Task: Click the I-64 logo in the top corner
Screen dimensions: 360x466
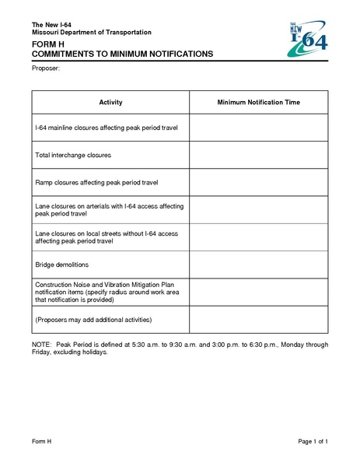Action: point(306,40)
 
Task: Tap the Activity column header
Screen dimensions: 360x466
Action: point(110,103)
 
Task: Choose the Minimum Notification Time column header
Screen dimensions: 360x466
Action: point(258,103)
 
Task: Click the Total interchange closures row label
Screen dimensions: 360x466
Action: point(73,155)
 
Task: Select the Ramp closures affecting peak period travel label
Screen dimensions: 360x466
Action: point(96,183)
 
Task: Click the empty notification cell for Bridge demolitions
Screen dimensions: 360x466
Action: point(258,265)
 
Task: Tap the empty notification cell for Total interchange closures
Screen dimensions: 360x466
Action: point(258,155)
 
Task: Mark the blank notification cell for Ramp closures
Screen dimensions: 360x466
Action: point(258,183)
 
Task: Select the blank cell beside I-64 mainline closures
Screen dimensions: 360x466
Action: point(258,127)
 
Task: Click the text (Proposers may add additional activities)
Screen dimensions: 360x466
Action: point(93,320)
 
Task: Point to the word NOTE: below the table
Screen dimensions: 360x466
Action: point(41,344)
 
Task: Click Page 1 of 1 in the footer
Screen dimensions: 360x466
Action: point(313,442)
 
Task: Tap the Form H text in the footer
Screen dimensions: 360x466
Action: point(41,442)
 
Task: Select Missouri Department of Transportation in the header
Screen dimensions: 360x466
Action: point(91,31)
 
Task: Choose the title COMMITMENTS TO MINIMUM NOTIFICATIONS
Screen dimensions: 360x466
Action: point(122,55)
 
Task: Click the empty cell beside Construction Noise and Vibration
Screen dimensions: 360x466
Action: point(258,292)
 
